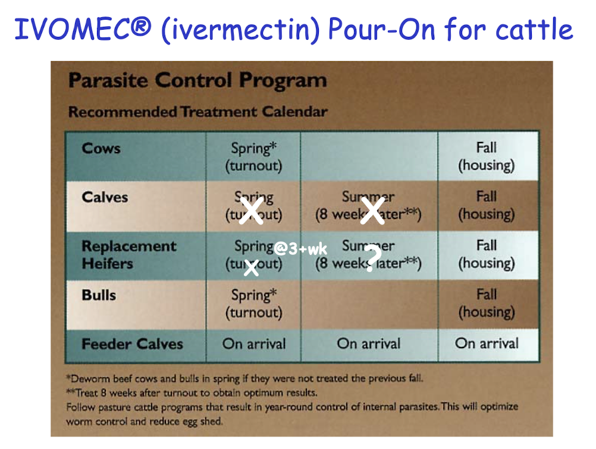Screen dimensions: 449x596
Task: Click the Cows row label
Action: click(101, 148)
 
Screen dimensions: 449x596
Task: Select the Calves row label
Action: click(105, 197)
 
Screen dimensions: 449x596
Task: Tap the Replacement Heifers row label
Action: click(128, 254)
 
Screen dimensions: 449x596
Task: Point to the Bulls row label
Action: click(99, 295)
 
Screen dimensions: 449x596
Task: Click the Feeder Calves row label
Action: click(132, 344)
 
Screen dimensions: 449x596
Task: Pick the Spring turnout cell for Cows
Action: click(253, 157)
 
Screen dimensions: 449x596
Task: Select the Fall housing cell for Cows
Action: click(486, 157)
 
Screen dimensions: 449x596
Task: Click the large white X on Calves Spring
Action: click(251, 211)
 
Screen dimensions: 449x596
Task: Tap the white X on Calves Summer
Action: click(372, 211)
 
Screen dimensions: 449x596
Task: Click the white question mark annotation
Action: click(371, 258)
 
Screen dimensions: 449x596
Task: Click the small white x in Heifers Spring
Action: click(251, 268)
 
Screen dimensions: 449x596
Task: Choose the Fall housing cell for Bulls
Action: click(486, 303)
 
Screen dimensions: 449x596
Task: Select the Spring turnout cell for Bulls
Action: click(253, 303)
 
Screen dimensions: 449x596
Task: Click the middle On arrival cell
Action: click(368, 343)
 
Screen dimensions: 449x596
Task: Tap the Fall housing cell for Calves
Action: click(486, 205)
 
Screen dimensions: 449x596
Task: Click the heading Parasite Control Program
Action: click(197, 81)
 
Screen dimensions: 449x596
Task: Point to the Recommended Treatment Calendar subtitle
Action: click(197, 112)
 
